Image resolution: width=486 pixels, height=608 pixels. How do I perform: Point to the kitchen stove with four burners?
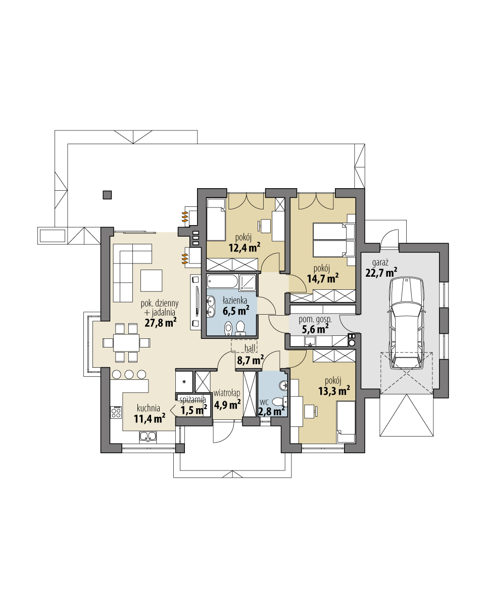click(x=116, y=412)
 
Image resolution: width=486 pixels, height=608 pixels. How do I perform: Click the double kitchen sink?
click(x=148, y=436)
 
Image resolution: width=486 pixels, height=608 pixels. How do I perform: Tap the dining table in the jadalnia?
click(x=126, y=342)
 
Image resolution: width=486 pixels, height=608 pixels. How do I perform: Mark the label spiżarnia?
click(x=192, y=399)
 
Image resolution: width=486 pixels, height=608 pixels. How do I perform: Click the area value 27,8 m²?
click(x=160, y=322)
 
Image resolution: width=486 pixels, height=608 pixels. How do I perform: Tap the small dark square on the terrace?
click(x=107, y=194)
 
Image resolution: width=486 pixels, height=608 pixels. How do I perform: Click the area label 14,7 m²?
click(x=322, y=278)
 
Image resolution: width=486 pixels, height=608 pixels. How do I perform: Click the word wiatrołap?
click(x=226, y=393)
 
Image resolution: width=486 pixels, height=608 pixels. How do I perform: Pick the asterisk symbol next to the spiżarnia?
click(x=184, y=381)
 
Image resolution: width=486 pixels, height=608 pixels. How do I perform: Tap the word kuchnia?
click(x=148, y=408)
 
